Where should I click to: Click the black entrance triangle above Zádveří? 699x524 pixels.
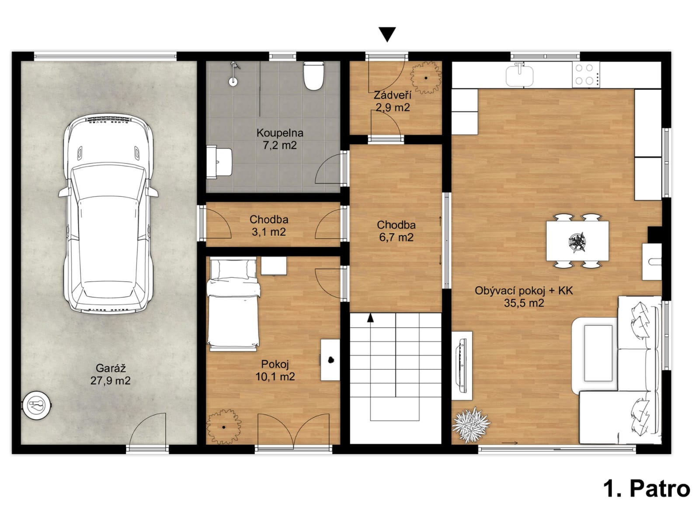[387, 34]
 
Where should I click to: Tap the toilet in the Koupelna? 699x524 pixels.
[314, 76]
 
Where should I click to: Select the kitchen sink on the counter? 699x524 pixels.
[519, 75]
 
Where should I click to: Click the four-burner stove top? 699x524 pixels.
[586, 74]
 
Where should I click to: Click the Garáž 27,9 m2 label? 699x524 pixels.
[110, 374]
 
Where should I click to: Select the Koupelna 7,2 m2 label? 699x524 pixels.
[280, 138]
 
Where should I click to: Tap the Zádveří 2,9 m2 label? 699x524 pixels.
[393, 101]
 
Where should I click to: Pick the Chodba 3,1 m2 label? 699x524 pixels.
[269, 225]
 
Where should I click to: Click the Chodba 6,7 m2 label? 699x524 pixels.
[396, 231]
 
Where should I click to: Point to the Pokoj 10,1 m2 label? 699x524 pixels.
[275, 370]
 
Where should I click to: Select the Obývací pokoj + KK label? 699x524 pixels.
[524, 290]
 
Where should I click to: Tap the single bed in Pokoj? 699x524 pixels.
[233, 304]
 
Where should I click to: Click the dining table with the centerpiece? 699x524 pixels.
[577, 241]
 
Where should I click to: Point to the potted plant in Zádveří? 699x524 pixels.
[426, 78]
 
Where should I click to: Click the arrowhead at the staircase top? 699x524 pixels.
[370, 317]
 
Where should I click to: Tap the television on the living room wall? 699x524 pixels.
[462, 365]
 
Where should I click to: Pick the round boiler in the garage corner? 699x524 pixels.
[37, 404]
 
